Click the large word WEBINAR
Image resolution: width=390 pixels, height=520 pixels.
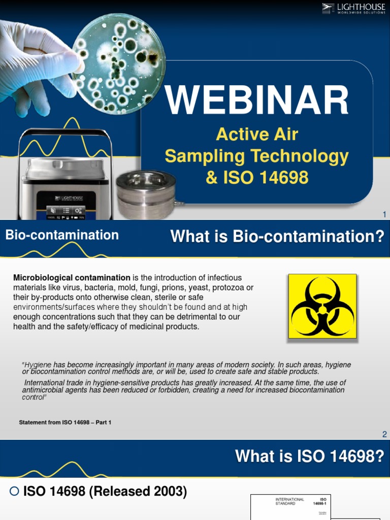[257, 100]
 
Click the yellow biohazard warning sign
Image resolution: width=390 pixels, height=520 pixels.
[322, 306]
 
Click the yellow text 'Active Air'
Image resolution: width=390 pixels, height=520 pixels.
[257, 135]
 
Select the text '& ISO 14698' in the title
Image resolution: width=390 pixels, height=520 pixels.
[257, 178]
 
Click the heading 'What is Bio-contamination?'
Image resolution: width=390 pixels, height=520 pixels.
[277, 236]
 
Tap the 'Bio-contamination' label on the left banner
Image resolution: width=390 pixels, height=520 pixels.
[62, 235]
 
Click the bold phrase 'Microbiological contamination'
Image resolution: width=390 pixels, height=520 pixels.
[72, 278]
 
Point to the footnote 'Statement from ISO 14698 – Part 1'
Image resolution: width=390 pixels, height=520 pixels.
[64, 422]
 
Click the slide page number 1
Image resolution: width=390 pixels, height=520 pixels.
[384, 215]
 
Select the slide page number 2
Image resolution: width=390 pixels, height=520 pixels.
[384, 434]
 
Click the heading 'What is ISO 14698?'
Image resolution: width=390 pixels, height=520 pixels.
[309, 457]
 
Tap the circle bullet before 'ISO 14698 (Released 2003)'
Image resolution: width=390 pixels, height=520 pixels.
[14, 492]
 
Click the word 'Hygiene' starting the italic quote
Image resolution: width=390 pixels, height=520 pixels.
[39, 365]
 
